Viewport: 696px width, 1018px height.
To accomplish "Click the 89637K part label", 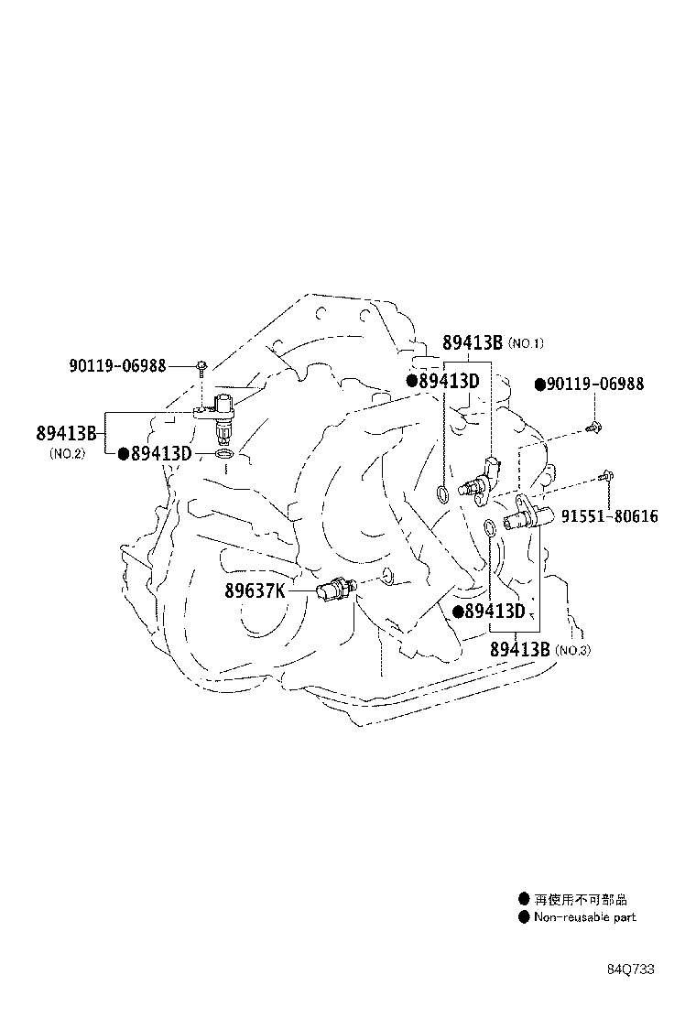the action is (256, 590).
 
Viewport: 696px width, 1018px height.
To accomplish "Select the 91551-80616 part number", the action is (609, 516).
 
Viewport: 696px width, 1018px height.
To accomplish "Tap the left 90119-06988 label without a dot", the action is (117, 366).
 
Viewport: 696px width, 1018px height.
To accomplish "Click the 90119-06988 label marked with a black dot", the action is (595, 384).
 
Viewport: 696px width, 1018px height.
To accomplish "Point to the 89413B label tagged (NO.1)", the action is (473, 342).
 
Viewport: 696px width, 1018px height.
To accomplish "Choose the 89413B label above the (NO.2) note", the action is (66, 432).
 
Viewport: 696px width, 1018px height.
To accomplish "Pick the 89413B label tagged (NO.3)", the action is (519, 648).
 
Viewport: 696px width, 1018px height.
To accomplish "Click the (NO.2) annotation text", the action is (67, 454).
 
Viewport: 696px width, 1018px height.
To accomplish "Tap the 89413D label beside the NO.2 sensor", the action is (162, 453).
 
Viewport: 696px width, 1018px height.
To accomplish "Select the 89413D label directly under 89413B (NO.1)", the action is (450, 381).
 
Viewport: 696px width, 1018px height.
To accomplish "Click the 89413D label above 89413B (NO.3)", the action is (495, 611).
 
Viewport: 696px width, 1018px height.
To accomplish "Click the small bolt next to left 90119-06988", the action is (202, 367).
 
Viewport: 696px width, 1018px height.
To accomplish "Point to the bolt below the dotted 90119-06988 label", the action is (593, 428).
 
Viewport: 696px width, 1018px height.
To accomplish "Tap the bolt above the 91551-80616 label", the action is (607, 476).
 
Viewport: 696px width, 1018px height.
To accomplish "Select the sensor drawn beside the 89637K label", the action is (335, 590).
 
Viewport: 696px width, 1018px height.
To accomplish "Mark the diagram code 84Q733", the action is (631, 969).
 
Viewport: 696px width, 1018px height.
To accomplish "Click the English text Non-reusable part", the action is (585, 917).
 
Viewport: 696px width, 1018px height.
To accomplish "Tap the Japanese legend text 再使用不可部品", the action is (581, 900).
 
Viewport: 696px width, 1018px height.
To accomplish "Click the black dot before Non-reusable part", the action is (524, 917).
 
